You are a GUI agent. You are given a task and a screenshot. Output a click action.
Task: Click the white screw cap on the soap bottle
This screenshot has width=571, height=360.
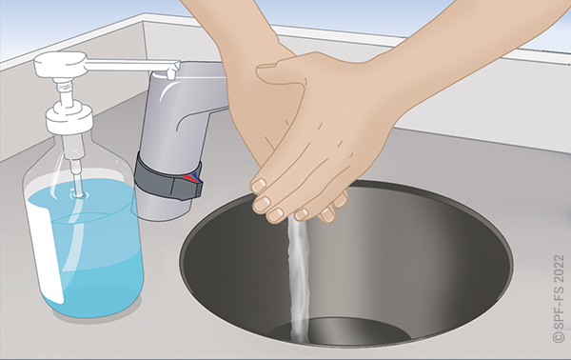coord(69,118)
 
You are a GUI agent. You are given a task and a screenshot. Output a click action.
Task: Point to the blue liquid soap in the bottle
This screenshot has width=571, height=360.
coord(91,251)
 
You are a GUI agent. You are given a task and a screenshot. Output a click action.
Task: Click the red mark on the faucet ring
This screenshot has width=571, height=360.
coord(187,178)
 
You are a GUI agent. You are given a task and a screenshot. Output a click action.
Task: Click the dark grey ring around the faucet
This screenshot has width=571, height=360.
coord(167,177)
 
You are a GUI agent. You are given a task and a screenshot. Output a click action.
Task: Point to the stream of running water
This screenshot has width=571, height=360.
coord(300,281)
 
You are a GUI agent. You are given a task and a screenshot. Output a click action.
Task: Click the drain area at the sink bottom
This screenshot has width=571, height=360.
coord(339,330)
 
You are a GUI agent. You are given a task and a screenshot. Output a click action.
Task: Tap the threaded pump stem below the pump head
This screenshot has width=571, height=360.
coord(65,91)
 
